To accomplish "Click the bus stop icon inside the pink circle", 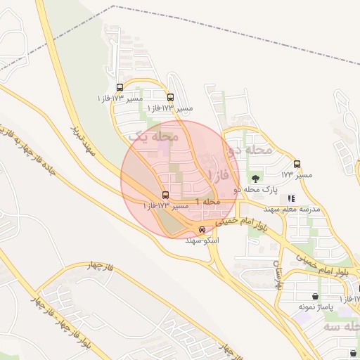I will (x=166, y=195).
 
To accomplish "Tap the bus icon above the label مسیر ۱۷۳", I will (x=297, y=164).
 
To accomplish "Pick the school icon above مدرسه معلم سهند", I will (x=291, y=199).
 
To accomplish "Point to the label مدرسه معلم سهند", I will (x=291, y=210).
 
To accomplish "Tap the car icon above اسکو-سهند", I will (x=202, y=230).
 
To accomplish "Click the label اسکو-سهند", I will (x=202, y=240).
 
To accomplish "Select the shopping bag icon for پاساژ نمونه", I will (x=314, y=297).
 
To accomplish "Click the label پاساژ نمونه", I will (x=314, y=307).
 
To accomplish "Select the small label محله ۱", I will (x=208, y=202).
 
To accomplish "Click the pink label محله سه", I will (x=340, y=328).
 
